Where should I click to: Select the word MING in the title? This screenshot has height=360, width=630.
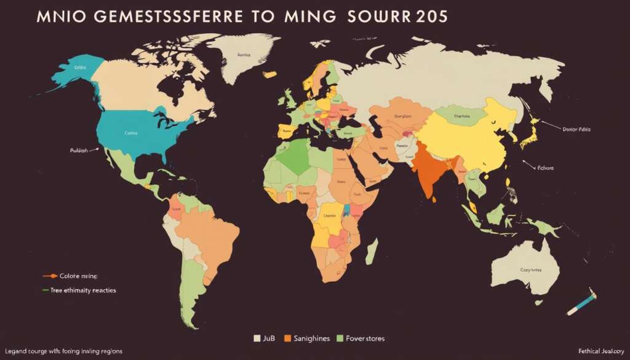click(x=308, y=17)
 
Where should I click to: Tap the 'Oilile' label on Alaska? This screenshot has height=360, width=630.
click(x=79, y=68)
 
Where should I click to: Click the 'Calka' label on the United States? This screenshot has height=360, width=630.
click(x=130, y=132)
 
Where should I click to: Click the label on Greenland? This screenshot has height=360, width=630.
click(x=245, y=55)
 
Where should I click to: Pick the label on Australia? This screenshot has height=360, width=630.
click(x=532, y=270)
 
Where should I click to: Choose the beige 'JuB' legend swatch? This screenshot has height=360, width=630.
click(x=257, y=338)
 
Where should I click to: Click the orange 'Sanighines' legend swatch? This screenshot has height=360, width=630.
click(x=287, y=338)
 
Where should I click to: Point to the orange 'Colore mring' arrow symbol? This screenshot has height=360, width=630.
click(x=50, y=276)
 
